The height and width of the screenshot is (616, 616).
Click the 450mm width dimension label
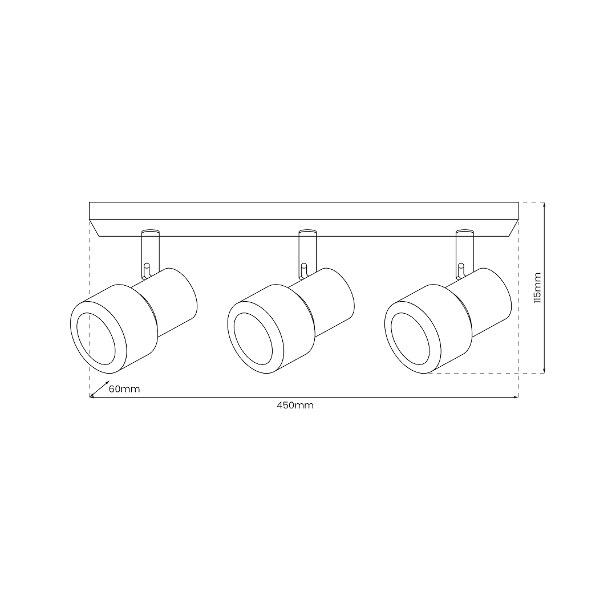[295, 406]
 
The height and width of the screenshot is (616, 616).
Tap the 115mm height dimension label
[537, 287]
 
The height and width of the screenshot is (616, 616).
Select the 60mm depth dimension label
[124, 389]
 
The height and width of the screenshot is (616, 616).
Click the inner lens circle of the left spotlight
[96, 339]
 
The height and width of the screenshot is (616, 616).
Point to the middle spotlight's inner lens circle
[254, 339]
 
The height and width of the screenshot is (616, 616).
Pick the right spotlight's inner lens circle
[411, 339]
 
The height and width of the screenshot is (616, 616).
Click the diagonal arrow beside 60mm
[100, 388]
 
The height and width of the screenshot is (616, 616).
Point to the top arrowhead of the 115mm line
[545, 205]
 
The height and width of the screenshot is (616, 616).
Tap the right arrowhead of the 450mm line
[516, 397]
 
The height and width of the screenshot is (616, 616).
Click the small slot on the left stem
[146, 268]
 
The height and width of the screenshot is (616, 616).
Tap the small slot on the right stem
[461, 268]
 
